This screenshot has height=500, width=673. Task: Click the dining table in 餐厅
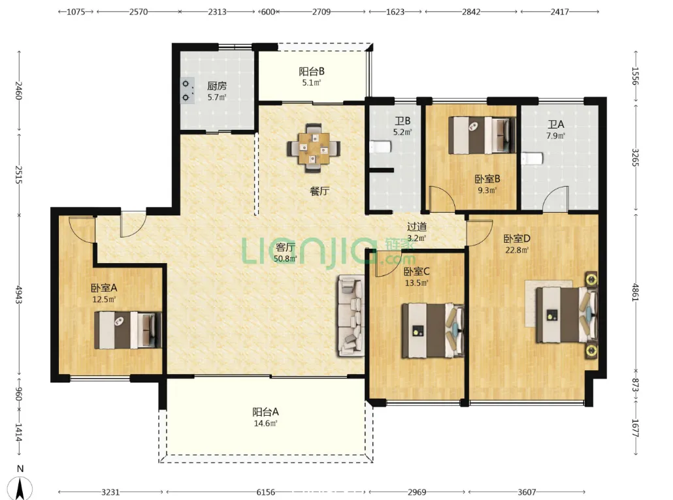click(x=314, y=148)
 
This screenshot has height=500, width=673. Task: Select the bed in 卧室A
click(x=128, y=330)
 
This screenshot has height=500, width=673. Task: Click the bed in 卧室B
click(x=482, y=135)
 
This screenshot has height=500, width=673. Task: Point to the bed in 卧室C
click(x=433, y=330)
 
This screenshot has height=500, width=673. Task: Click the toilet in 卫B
click(x=380, y=147)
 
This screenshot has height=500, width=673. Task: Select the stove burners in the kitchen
click(x=187, y=91)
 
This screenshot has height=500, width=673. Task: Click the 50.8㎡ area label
click(x=285, y=258)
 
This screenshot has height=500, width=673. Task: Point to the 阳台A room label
click(x=265, y=412)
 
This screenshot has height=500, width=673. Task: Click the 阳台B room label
click(x=311, y=71)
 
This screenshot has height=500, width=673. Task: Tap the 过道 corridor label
click(x=416, y=227)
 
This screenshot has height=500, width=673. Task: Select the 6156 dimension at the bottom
click(x=266, y=492)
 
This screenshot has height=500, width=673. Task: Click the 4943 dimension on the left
click(x=18, y=294)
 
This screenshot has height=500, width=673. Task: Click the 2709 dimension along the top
click(x=321, y=12)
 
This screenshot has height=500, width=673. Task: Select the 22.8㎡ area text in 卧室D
click(x=517, y=250)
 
